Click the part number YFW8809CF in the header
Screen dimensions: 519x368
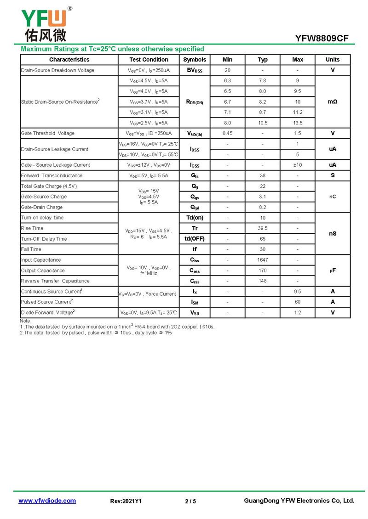pos(325,38)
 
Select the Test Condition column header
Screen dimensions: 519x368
pos(149,60)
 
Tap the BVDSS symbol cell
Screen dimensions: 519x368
pos(195,70)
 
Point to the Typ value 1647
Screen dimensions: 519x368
pos(263,260)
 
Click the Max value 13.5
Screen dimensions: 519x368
pos(298,123)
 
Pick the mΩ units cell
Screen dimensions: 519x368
pos(333,102)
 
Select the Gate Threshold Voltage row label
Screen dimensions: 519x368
pos(48,133)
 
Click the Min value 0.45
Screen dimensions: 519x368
pos(227,133)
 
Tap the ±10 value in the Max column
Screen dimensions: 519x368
pos(298,165)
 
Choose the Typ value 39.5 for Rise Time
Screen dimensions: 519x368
pos(263,228)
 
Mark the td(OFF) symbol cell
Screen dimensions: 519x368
pos(195,239)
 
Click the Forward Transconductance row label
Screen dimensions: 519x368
pos(52,175)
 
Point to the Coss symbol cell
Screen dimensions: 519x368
pos(195,271)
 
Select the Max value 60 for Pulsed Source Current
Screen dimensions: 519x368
pos(298,302)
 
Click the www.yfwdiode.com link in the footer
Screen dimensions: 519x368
pos(47,501)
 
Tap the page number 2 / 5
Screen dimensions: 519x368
pos(190,501)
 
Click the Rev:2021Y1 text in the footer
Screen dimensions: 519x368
pos(126,501)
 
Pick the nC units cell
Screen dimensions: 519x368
pos(333,197)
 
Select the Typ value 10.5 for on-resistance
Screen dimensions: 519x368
pos(263,123)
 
